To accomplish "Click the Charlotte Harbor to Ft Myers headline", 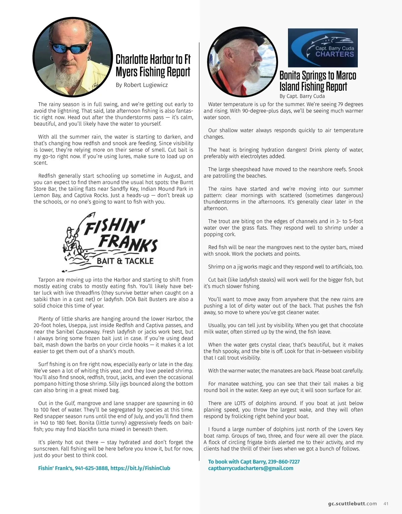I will click(x=153, y=65).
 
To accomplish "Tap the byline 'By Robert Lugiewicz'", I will click(x=141, y=85).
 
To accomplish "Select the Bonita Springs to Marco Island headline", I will click(x=318, y=81).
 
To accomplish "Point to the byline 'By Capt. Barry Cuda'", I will click(x=302, y=96).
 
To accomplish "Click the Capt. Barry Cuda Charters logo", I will click(x=323, y=48).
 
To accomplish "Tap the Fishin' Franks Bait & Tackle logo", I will click(x=110, y=242).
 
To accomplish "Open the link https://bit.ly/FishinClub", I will click(x=140, y=468).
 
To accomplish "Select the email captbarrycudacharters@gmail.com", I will click(x=251, y=468).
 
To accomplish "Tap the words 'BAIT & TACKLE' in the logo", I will click(x=125, y=261).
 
